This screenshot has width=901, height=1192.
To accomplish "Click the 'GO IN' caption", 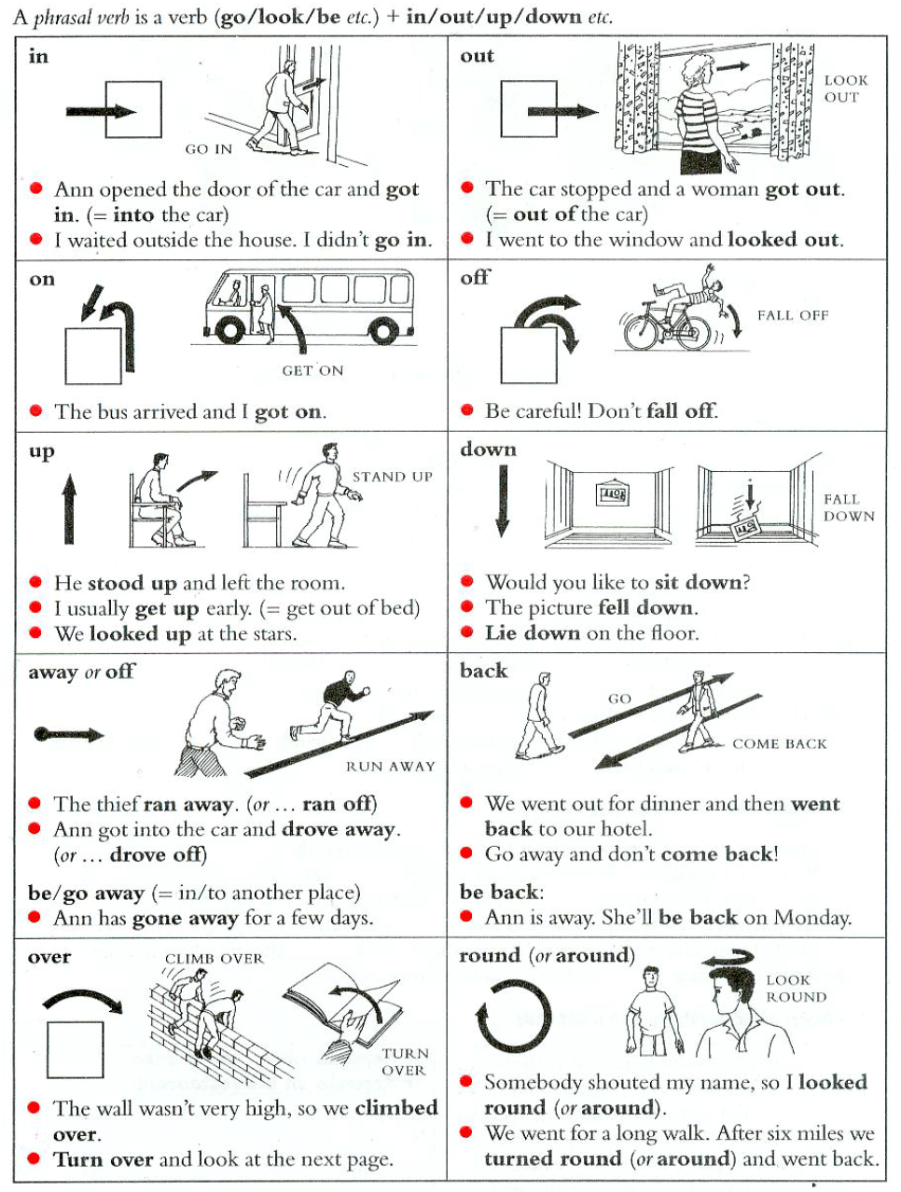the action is coord(209,149).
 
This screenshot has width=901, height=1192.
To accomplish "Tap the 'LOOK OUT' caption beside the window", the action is coord(846,89).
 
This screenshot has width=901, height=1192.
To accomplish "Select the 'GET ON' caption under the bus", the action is coord(312,370).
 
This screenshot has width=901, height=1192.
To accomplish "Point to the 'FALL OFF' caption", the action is coord(793,315).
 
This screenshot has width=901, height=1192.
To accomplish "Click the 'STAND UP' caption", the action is coord(392,477).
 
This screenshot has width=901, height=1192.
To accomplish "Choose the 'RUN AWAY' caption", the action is coord(391,766).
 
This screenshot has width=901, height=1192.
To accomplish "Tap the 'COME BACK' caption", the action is coord(780,743).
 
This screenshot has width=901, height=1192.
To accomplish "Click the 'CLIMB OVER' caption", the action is coord(214,959).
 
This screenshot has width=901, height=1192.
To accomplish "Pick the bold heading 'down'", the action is coord(488,450).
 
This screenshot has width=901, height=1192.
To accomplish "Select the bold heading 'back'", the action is coord(483,671).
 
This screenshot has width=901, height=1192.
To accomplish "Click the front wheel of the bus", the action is coord(229,328).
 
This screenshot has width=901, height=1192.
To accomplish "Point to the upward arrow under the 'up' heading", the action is coord(69,509).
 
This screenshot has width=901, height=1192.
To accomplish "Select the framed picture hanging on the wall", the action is coord(612,493).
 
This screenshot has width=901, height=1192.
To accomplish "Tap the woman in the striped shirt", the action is coord(700,114).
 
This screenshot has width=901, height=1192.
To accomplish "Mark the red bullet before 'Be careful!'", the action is coord(466,410).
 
